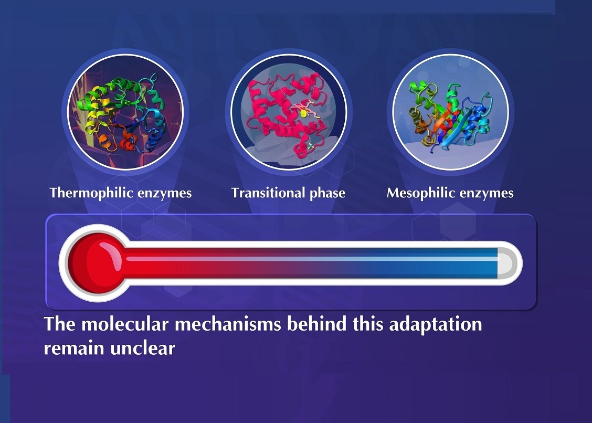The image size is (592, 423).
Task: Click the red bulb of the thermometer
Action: tap(96, 263)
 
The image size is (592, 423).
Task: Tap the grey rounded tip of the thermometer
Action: tap(506, 263)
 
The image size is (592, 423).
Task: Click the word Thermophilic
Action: tap(92, 193)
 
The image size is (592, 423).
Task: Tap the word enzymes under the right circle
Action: tap(483, 194)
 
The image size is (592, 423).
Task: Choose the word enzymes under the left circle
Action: tap(165, 194)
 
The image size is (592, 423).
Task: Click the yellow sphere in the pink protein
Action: tap(302, 113)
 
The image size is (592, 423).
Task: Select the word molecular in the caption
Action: tap(125, 324)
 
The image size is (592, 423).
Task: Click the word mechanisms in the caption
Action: tap(228, 324)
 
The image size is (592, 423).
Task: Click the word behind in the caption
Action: tap(317, 324)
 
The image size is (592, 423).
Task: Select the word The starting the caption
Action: tap(60, 324)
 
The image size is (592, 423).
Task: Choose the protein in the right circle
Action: tap(449, 117)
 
